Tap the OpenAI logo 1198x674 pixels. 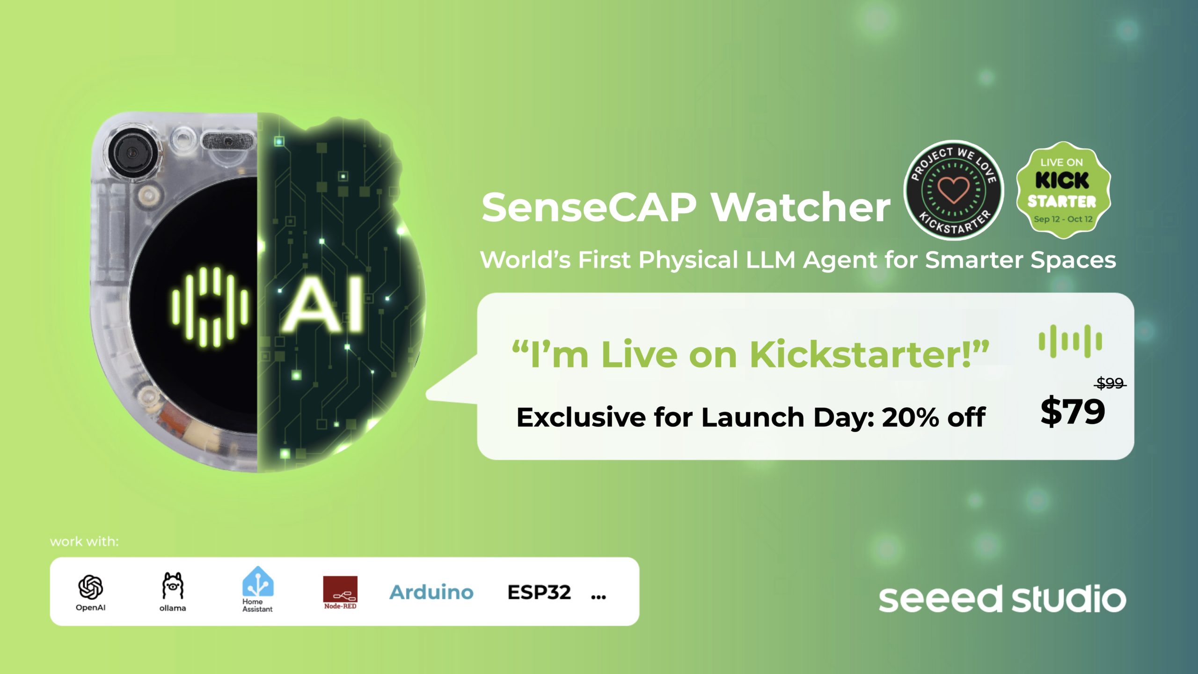[91, 587]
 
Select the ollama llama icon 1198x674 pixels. [173, 586]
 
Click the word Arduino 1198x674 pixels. [431, 593]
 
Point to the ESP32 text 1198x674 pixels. [539, 593]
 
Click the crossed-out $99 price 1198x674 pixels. [1110, 384]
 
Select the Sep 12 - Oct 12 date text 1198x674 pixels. [1063, 219]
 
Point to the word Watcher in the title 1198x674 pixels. [801, 207]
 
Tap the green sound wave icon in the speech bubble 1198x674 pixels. [1070, 341]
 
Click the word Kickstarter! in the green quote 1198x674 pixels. [869, 354]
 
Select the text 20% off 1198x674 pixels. [934, 417]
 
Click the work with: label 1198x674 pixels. [84, 542]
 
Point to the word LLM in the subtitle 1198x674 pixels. [770, 260]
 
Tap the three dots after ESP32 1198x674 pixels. [599, 597]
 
